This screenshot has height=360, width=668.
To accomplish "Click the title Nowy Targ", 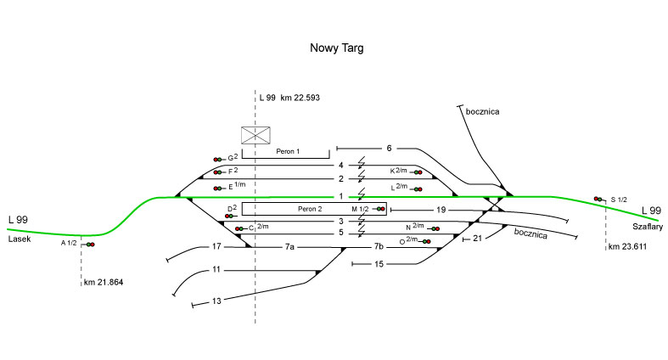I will pyautogui.click(x=336, y=49).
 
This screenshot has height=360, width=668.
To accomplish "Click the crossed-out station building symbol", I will pyautogui.click(x=255, y=134).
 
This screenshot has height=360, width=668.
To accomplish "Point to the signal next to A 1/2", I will pyautogui.click(x=89, y=245).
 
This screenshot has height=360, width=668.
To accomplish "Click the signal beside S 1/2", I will pyautogui.click(x=599, y=199).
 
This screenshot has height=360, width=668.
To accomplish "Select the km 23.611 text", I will pyautogui.click(x=627, y=247).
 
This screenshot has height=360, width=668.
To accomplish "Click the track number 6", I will pyautogui.click(x=389, y=149).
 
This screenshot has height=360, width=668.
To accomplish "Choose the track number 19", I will pyautogui.click(x=441, y=209).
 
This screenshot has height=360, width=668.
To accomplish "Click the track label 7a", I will pyautogui.click(x=289, y=247).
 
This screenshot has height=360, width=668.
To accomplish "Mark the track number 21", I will pyautogui.click(x=477, y=239).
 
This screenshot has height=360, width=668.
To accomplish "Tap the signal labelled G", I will pyautogui.click(x=218, y=159).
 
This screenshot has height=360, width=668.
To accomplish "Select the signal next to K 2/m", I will pyautogui.click(x=418, y=172).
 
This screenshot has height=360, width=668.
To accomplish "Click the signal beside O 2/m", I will pyautogui.click(x=427, y=242).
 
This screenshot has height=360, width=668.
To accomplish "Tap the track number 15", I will pyautogui.click(x=379, y=264).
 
